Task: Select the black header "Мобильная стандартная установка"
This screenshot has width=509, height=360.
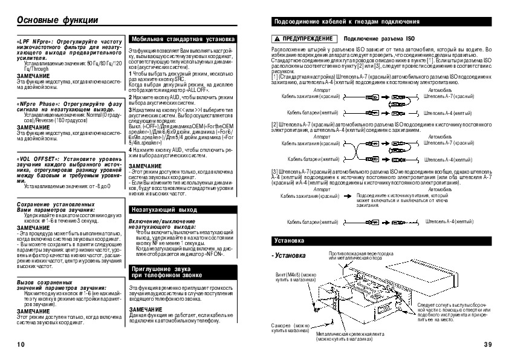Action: (x=180, y=38)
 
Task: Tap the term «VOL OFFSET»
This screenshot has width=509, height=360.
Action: (x=36, y=159)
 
